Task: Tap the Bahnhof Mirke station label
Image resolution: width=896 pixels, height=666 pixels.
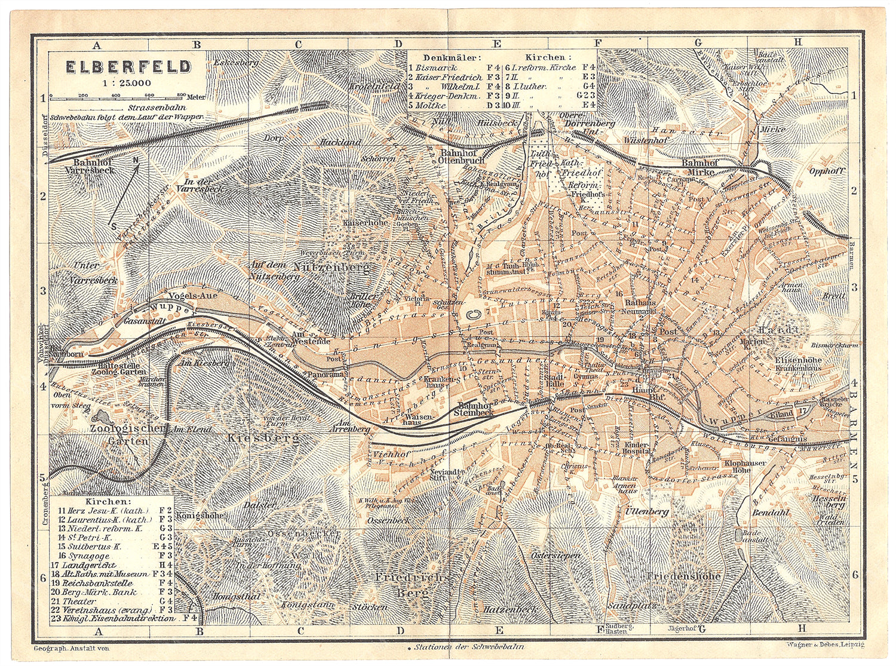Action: click(702, 167)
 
